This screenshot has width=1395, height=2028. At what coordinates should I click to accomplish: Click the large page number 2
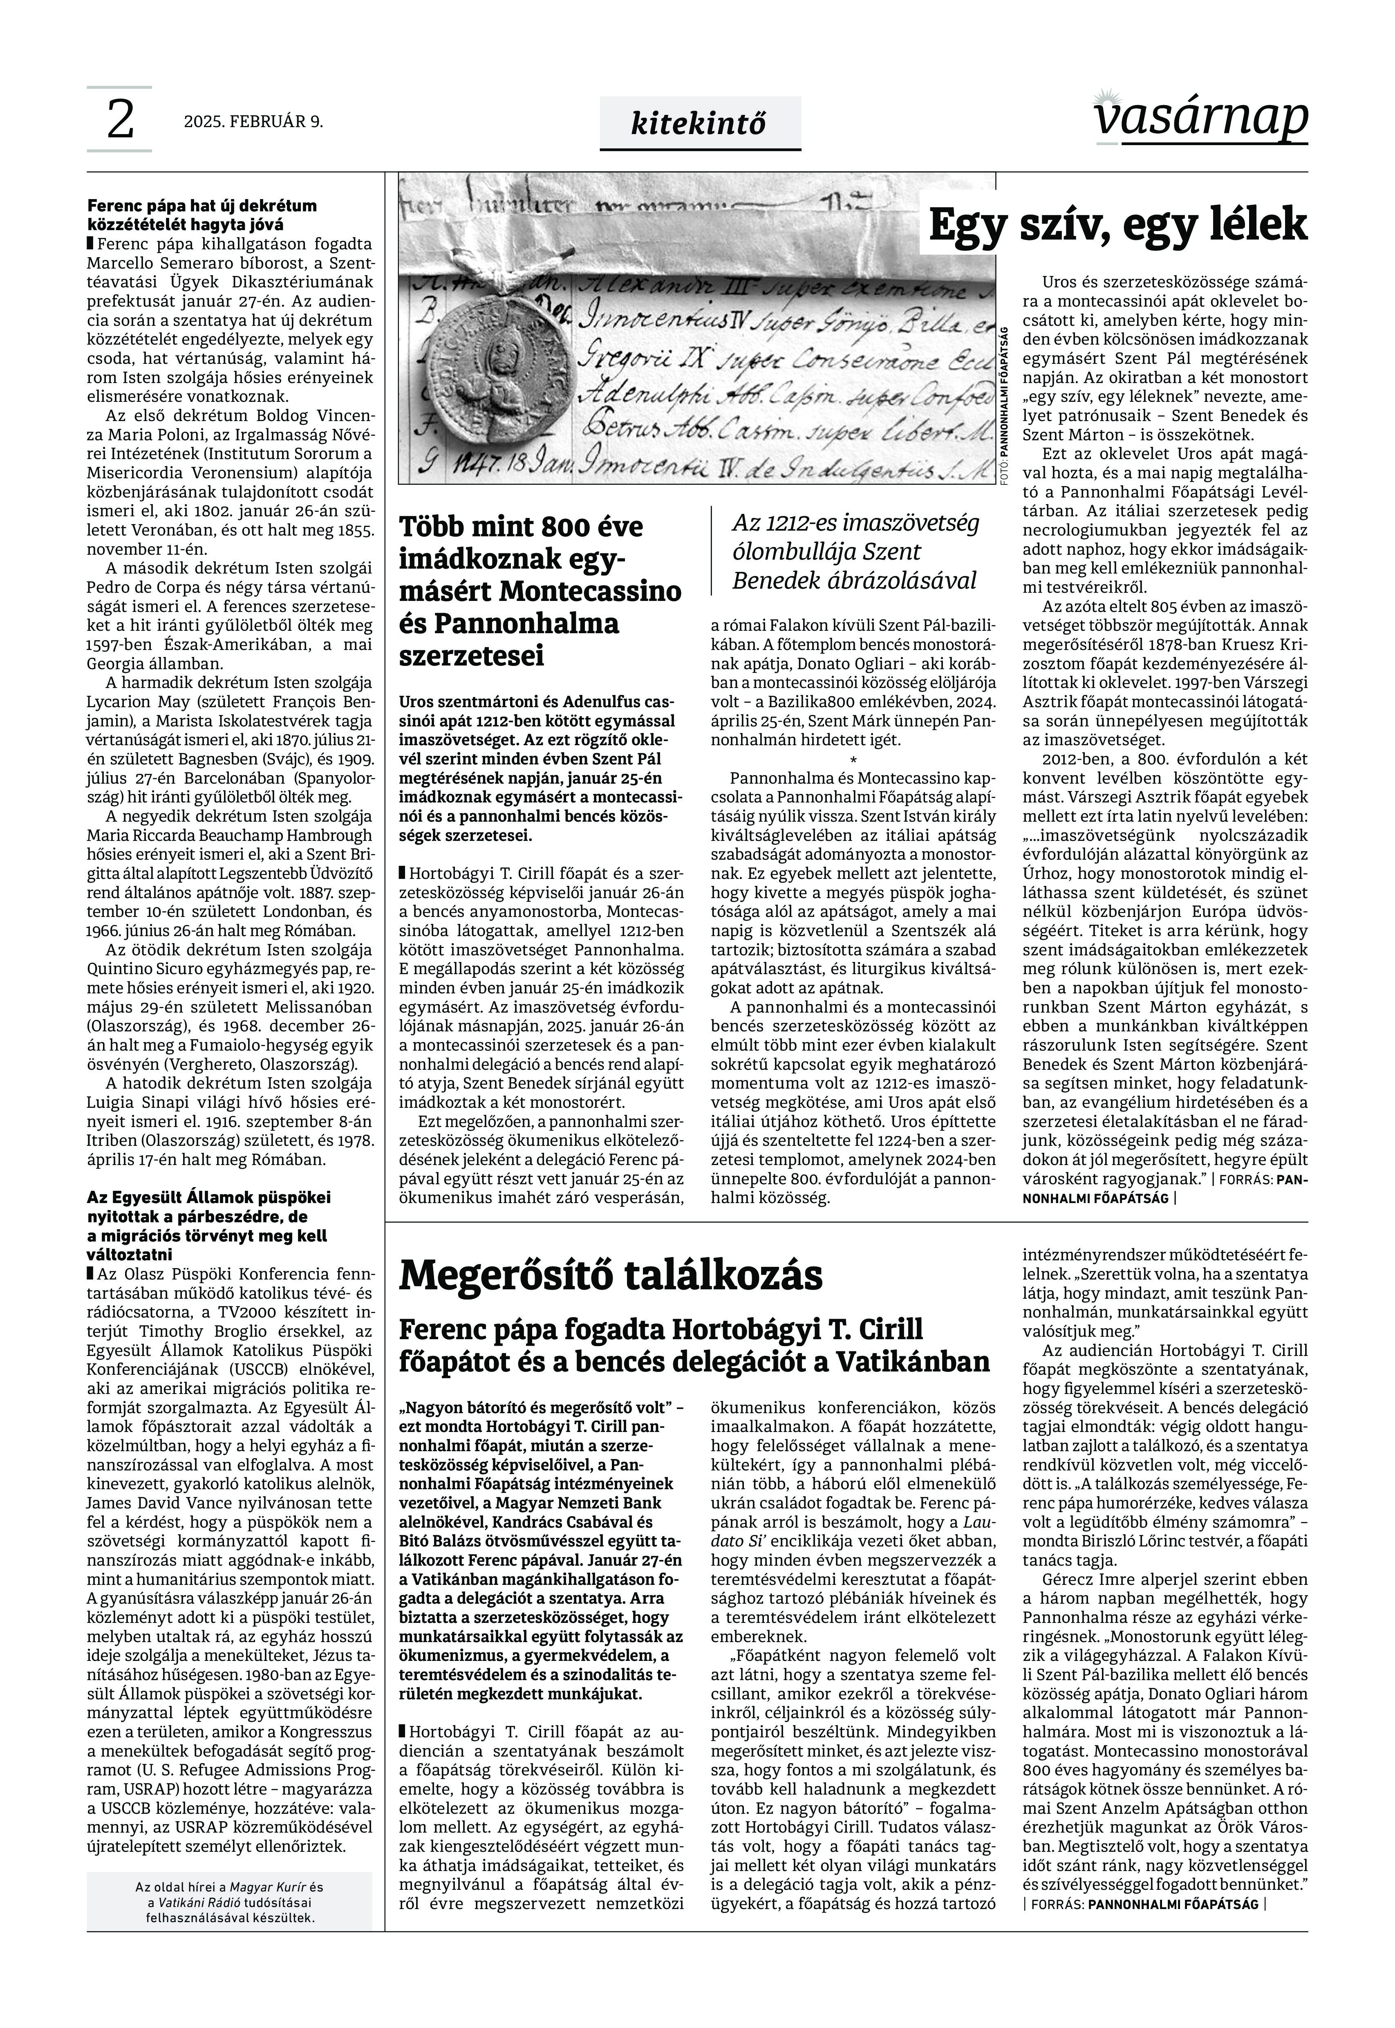click(x=120, y=120)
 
